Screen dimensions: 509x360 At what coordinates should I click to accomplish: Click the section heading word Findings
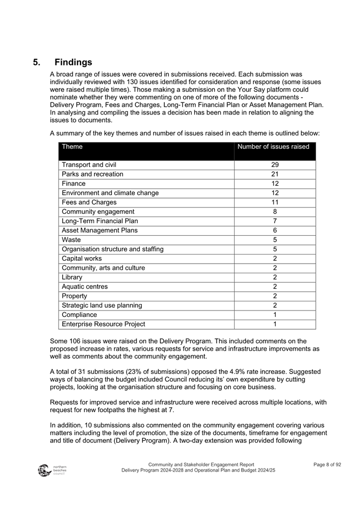click(x=73, y=62)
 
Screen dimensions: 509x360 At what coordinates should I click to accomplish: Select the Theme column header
click(x=72, y=147)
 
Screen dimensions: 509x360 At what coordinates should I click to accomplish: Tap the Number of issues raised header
click(x=273, y=147)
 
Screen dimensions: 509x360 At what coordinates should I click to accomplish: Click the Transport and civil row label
click(x=89, y=165)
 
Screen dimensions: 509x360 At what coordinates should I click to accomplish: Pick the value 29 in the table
click(x=275, y=165)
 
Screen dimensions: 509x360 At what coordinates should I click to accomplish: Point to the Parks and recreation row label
click(x=92, y=174)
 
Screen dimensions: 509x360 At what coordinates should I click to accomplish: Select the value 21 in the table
click(x=275, y=174)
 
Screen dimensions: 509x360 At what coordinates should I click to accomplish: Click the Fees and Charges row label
click(x=89, y=202)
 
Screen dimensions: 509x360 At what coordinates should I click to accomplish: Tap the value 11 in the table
click(x=275, y=202)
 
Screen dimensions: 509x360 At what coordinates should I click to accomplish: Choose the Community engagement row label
click(x=98, y=212)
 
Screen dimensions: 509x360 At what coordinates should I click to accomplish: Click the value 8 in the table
click(x=275, y=212)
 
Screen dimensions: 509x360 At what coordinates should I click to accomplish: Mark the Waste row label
click(x=72, y=240)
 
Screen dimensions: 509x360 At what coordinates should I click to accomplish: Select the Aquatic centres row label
click(x=85, y=287)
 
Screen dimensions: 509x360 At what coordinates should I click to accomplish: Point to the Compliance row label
click(x=79, y=315)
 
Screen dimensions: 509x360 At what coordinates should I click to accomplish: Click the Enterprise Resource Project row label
click(x=103, y=324)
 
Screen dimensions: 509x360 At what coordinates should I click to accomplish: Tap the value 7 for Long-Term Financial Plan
click(x=275, y=221)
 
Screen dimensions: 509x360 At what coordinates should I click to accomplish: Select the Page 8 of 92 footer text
click(x=327, y=465)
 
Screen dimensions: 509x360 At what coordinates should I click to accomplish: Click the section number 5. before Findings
click(x=37, y=62)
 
